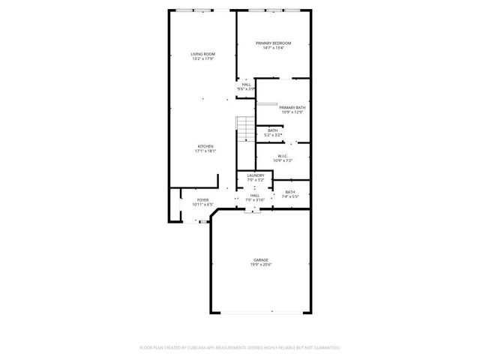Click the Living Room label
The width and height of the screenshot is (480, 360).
pos(202,55)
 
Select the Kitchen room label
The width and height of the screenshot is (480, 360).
pos(205,145)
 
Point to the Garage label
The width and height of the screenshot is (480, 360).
pos(260,259)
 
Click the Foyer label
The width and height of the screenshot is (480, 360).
pos(202,199)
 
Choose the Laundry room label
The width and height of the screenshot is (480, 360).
pos(256,175)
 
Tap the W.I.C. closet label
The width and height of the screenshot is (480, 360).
pos(283,156)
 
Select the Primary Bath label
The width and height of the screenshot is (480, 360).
pos(292,108)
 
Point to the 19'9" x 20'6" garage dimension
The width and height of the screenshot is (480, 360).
pos(260,265)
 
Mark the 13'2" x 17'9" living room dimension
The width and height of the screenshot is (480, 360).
pos(202,60)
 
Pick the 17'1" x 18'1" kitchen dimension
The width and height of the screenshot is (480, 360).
pos(205,151)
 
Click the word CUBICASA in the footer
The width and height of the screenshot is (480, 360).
pos(197,348)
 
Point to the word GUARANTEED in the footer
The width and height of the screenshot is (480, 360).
pos(325,348)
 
